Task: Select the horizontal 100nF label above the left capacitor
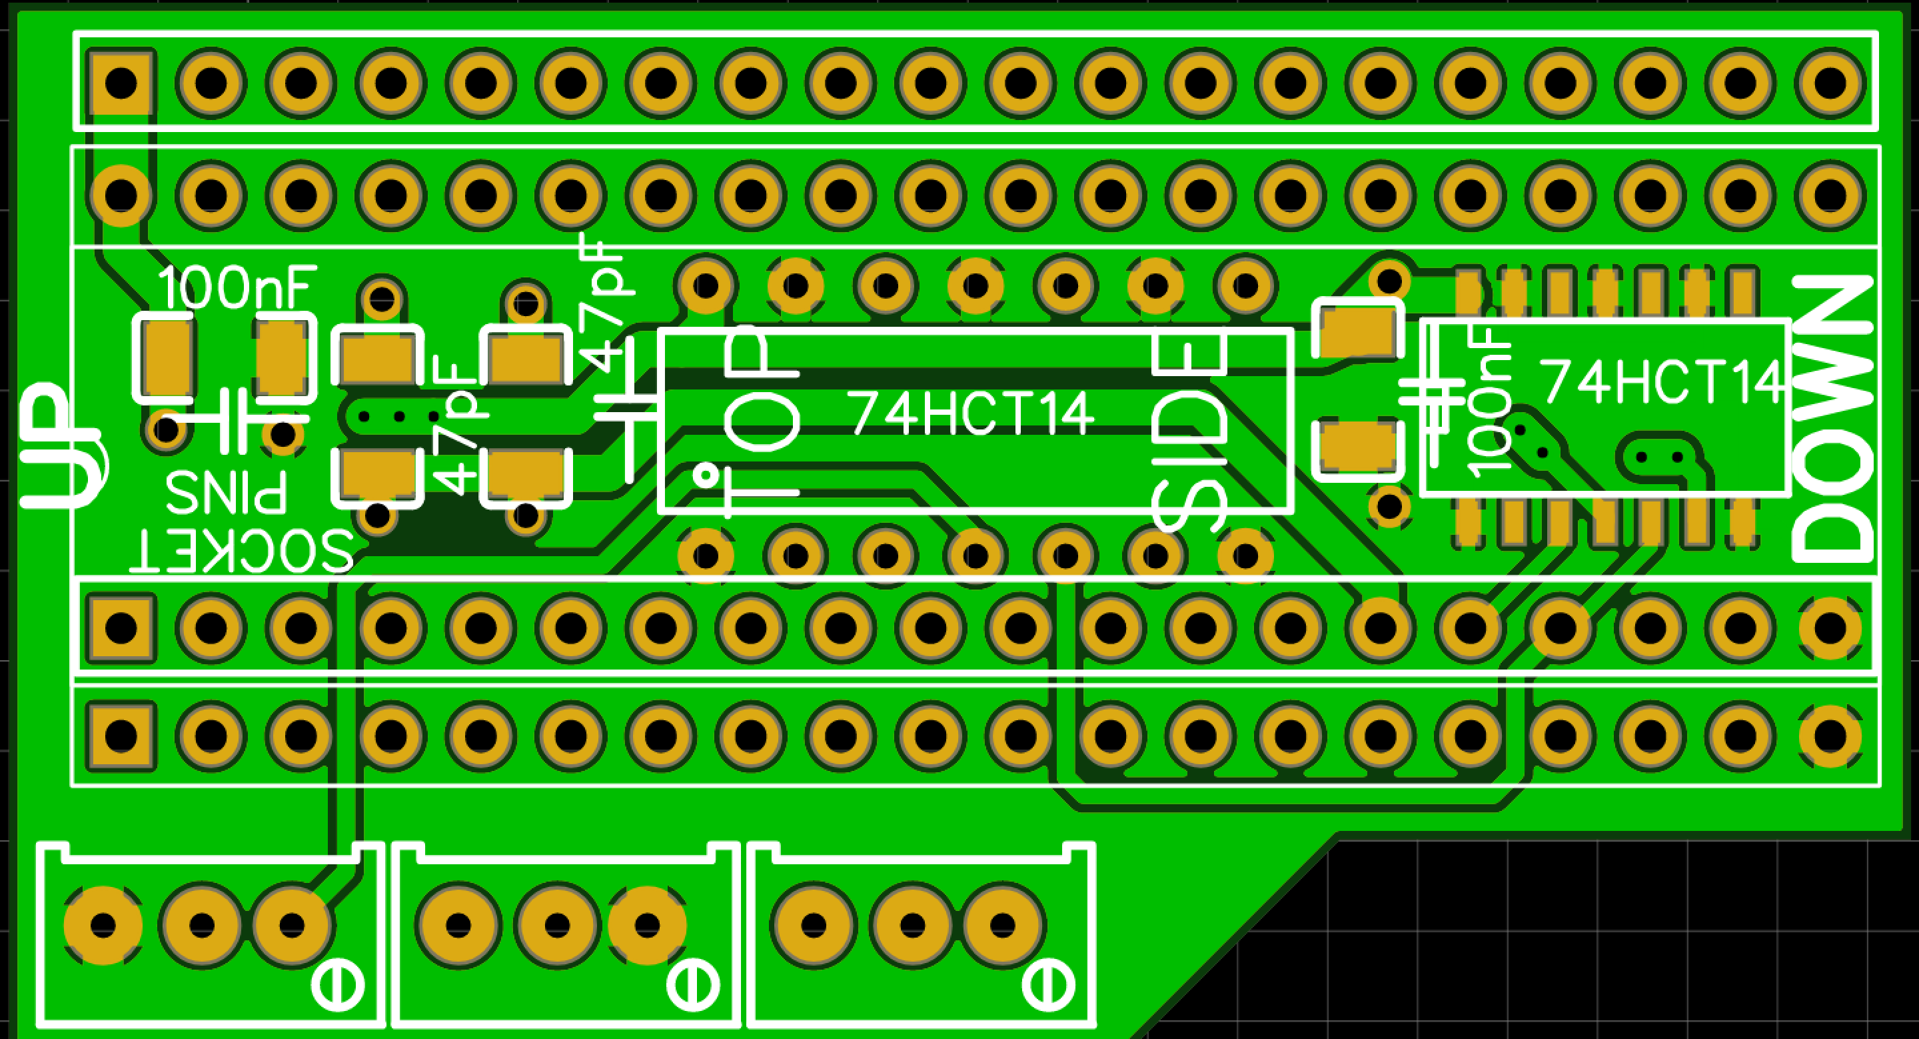click(x=237, y=289)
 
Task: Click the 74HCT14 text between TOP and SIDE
click(x=971, y=413)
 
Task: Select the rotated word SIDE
click(x=1189, y=432)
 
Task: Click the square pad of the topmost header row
click(x=121, y=82)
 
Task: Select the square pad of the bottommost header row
click(x=121, y=736)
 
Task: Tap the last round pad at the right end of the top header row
click(x=1830, y=82)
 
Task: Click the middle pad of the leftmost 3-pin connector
click(x=201, y=926)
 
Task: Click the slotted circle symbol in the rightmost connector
click(x=1048, y=986)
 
